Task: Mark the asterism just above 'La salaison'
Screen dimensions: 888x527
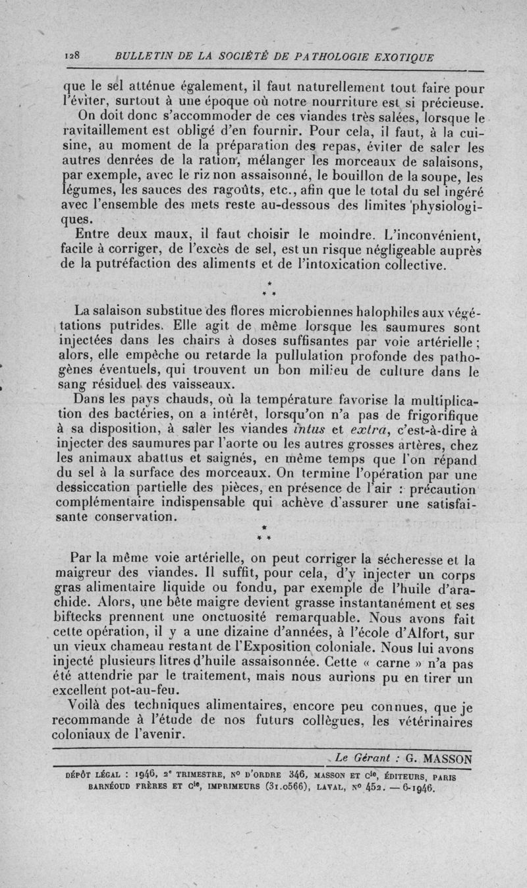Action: pyautogui.click(x=263, y=287)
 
